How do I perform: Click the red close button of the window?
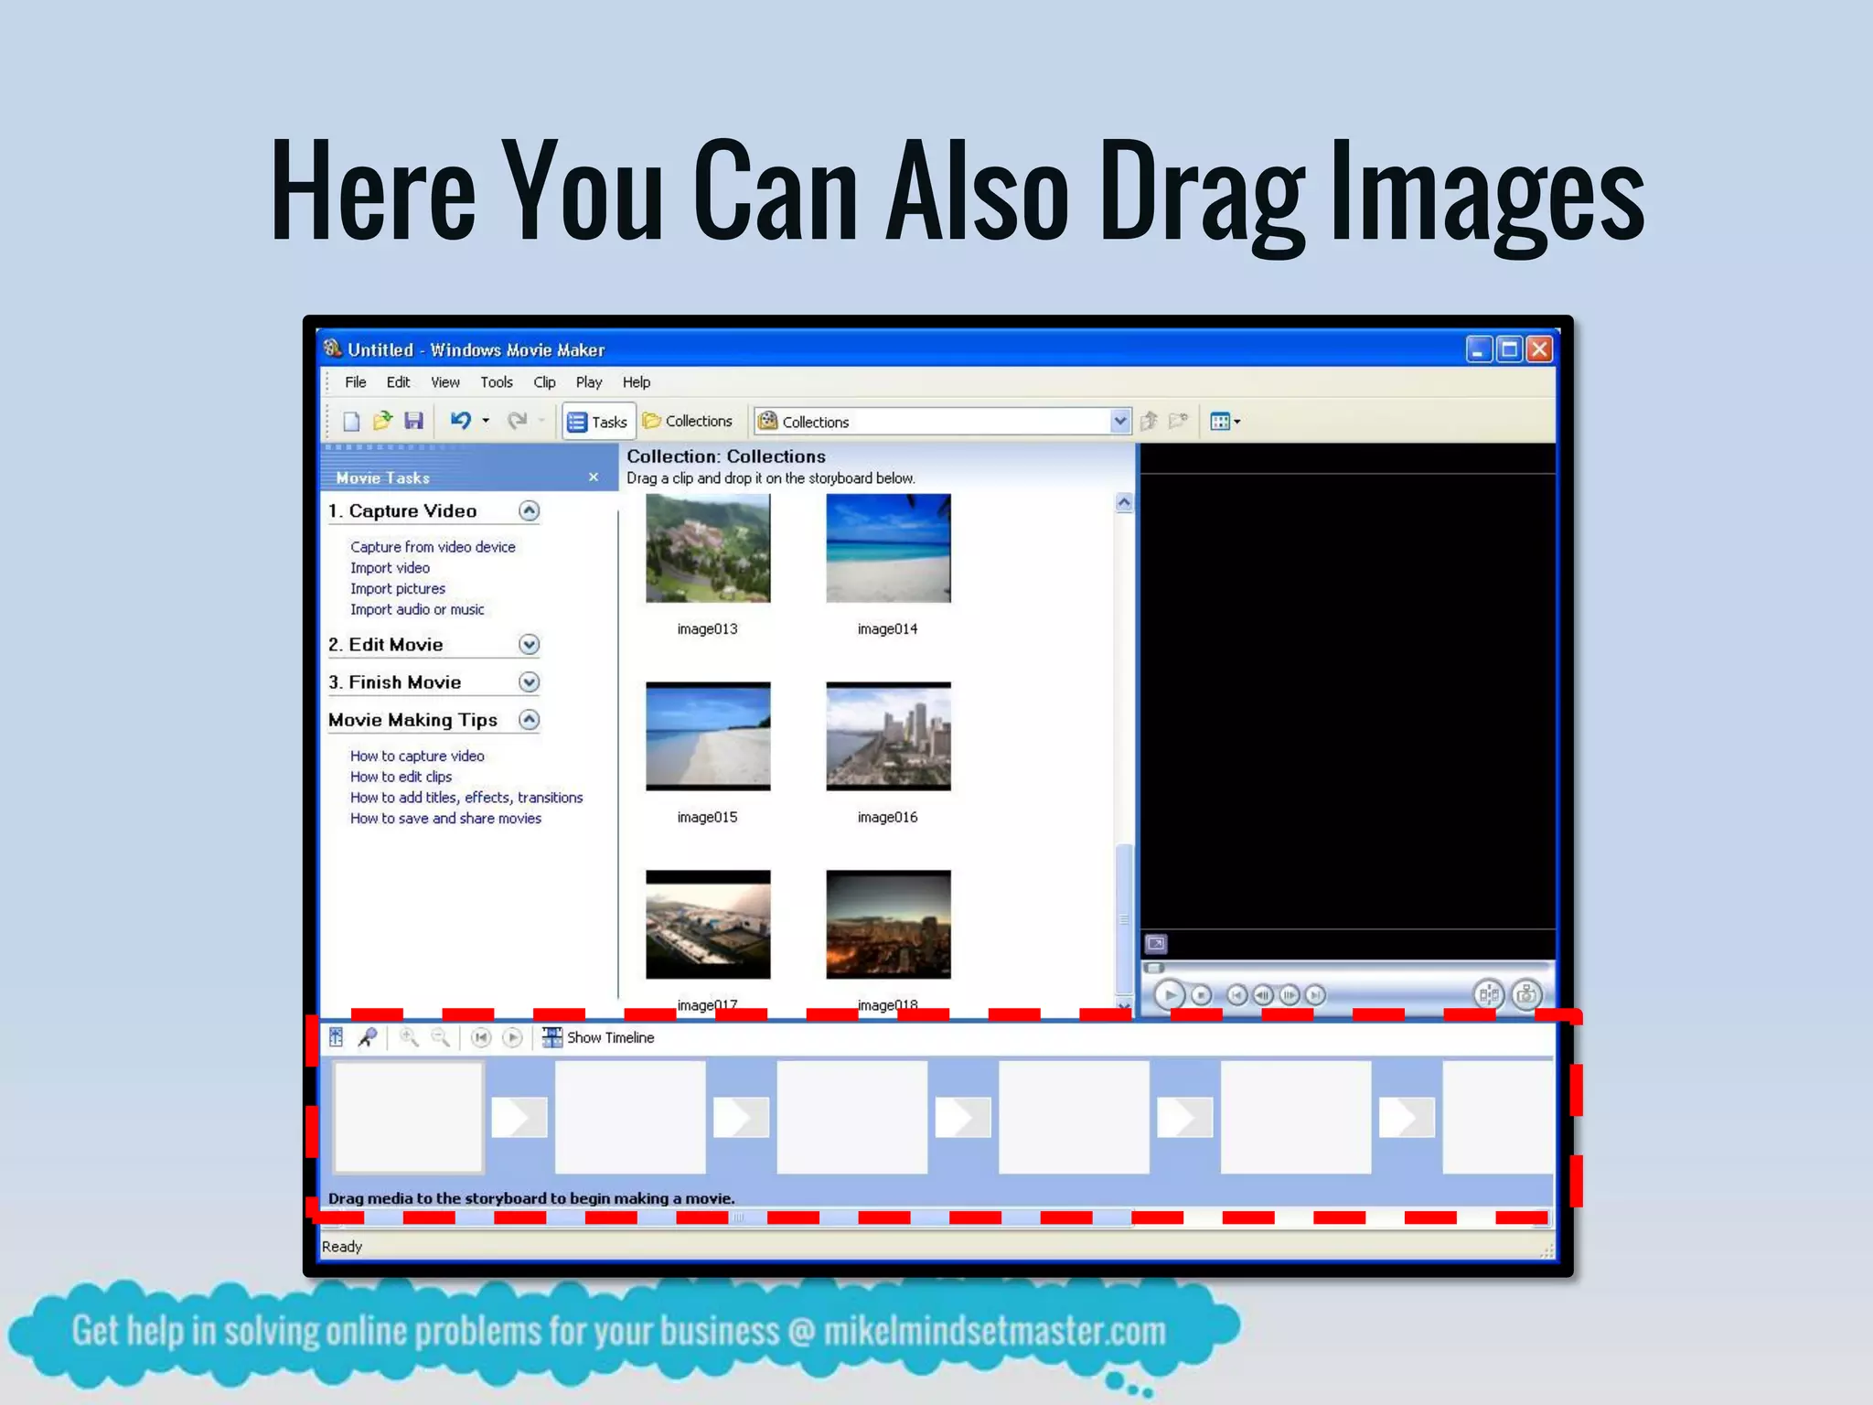click(x=1539, y=349)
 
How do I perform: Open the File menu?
click(x=355, y=382)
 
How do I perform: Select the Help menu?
click(x=637, y=382)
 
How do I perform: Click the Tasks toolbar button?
click(x=598, y=422)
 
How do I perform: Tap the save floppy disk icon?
click(x=414, y=421)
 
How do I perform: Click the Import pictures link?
click(x=398, y=589)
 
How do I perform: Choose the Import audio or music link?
click(x=417, y=610)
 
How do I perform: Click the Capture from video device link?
click(x=433, y=547)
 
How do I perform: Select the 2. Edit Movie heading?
click(x=386, y=645)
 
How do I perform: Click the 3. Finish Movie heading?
click(x=395, y=682)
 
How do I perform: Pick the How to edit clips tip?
click(x=401, y=777)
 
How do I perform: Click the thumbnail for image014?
click(x=888, y=549)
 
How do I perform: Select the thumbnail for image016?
click(x=888, y=736)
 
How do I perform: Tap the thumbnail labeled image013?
click(x=708, y=549)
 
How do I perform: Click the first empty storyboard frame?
click(x=408, y=1117)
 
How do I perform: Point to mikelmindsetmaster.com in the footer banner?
click(x=994, y=1332)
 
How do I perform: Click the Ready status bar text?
click(x=342, y=1247)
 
